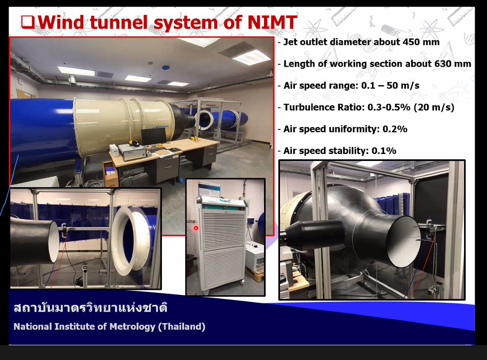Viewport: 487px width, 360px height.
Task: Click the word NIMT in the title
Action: pos(272,23)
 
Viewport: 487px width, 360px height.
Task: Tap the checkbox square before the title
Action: pos(28,22)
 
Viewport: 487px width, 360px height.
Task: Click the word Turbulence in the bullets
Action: pos(308,107)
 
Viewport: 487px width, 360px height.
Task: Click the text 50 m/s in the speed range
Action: pos(403,85)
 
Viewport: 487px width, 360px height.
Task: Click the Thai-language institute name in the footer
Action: pos(90,308)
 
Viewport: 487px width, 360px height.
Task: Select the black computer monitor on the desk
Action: pos(153,137)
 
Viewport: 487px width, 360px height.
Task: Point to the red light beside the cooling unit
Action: pos(196,228)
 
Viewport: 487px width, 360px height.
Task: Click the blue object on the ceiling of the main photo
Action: pos(166,68)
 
